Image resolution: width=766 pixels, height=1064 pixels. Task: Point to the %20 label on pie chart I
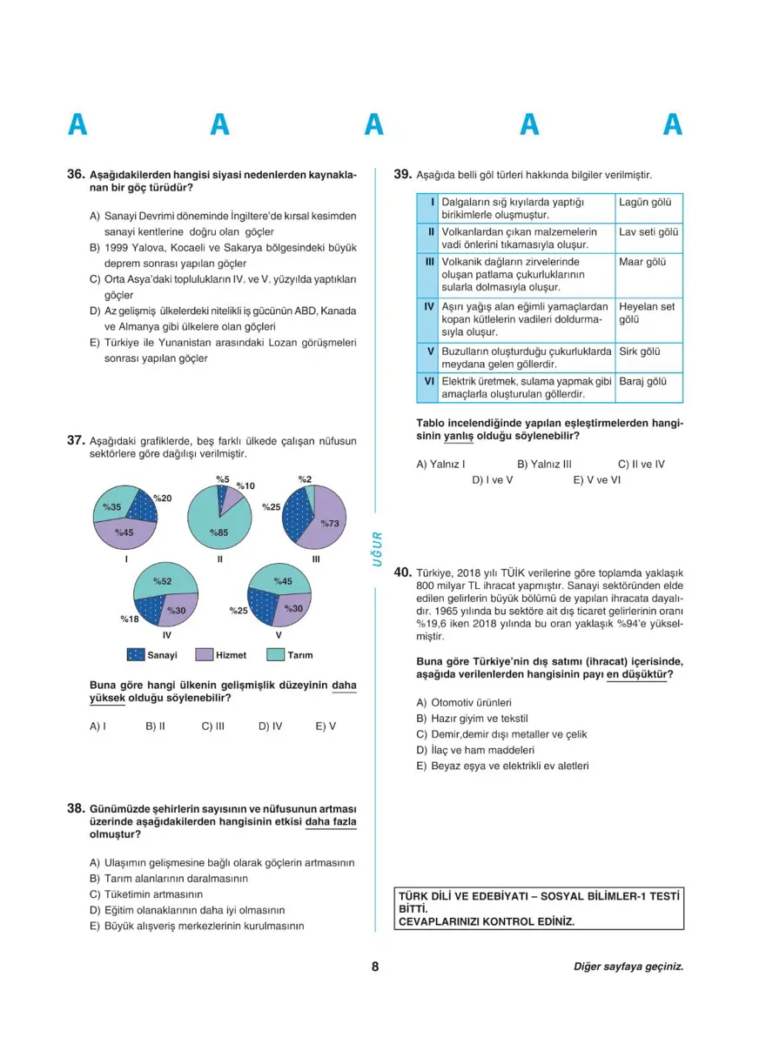[162, 498]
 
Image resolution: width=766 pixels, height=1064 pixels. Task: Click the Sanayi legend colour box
[135, 655]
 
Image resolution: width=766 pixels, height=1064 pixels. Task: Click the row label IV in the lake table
[429, 306]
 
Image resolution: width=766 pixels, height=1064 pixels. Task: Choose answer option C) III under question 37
[213, 726]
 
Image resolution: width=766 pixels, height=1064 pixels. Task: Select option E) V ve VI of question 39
[597, 479]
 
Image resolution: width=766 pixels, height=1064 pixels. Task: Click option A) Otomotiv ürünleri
[464, 702]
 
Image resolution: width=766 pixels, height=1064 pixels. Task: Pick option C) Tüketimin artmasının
[146, 893]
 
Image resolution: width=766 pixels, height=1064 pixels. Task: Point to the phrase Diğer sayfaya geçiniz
[628, 967]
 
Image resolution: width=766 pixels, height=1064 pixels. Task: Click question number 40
[402, 573]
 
